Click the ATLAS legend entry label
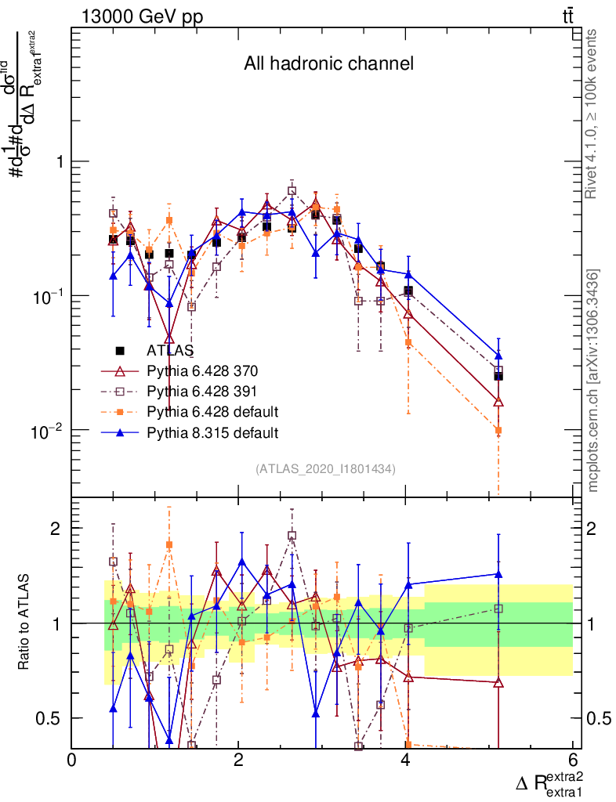[171, 350]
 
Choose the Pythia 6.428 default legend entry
[212, 411]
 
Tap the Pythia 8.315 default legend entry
[212, 432]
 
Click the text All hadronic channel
[328, 64]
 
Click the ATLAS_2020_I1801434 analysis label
[324, 469]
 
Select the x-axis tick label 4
[406, 760]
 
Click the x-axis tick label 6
[573, 760]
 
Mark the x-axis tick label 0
[72, 760]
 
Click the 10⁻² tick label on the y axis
[49, 431]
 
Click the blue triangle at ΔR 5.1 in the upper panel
[498, 356]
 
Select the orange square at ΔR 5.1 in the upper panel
[498, 430]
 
